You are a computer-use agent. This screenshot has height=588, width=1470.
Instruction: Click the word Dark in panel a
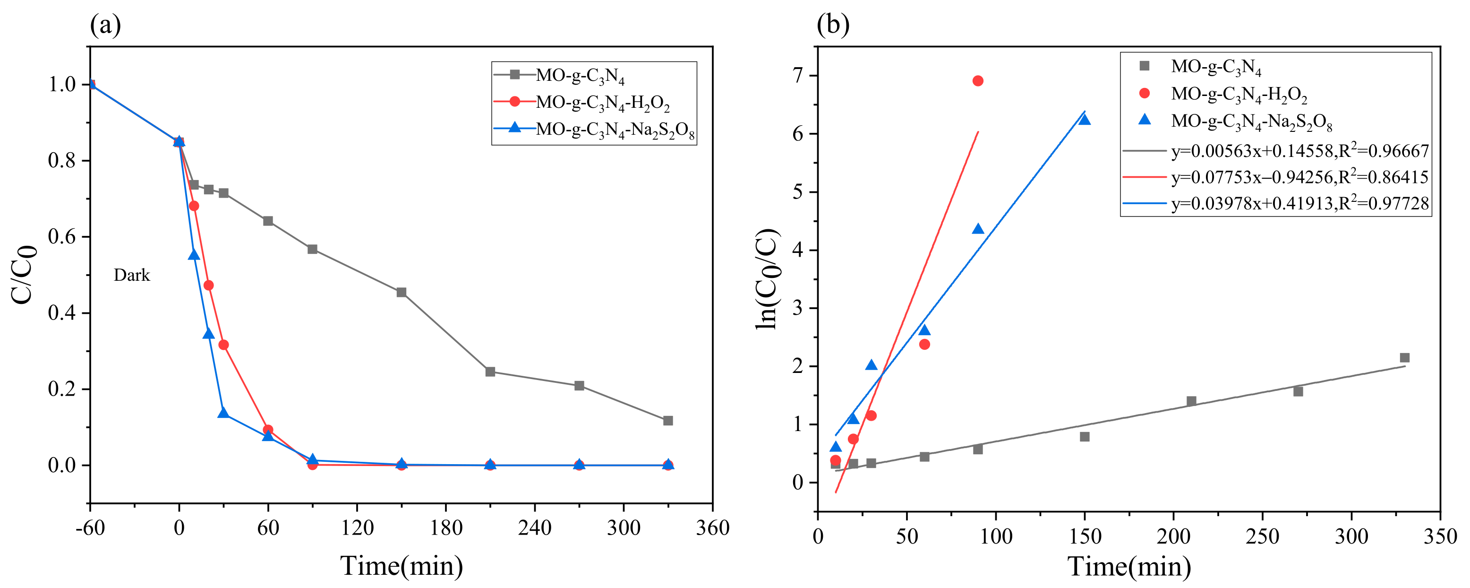pos(131,275)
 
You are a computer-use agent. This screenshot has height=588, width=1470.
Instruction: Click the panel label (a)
pos(105,25)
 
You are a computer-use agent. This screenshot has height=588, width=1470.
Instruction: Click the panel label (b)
pos(833,25)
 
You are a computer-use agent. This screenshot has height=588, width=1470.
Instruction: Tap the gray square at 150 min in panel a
pos(401,292)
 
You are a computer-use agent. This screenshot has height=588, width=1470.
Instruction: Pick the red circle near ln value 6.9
pos(977,81)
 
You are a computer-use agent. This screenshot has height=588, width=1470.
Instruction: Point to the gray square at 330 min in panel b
pos(1405,358)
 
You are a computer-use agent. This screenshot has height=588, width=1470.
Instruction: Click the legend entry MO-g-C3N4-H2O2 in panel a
pos(602,103)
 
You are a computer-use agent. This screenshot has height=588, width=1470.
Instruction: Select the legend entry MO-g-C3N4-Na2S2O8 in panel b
pos(1251,121)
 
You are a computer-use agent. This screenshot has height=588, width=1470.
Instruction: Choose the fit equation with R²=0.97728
pos(1299,204)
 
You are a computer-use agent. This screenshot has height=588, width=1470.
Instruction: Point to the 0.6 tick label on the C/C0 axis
pos(61,237)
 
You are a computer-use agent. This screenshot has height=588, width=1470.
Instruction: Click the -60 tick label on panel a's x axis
pos(90,528)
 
